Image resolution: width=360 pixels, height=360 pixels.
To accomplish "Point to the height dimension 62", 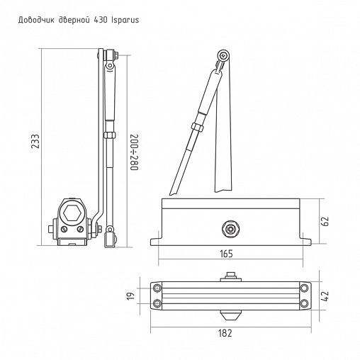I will pyautogui.click(x=325, y=220).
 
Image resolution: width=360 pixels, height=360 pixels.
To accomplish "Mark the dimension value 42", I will pyautogui.click(x=325, y=296).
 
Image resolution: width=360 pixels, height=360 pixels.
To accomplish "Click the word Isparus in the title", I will pyautogui.click(x=121, y=21).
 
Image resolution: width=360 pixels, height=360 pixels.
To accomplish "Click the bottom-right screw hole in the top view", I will pyautogui.click(x=304, y=303).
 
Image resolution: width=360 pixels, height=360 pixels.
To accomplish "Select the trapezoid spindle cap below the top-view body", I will pyautogui.click(x=229, y=313).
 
